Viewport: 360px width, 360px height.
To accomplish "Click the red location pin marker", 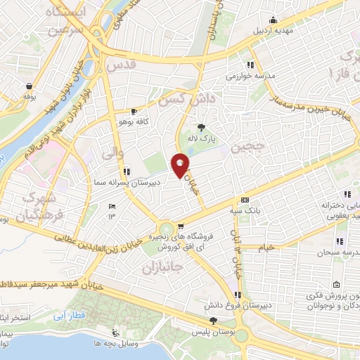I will coord(181,166).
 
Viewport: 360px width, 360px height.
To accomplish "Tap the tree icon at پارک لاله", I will coord(202,127).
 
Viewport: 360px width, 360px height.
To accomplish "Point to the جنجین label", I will coord(247,146).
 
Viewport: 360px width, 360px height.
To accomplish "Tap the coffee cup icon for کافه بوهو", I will coord(134,112).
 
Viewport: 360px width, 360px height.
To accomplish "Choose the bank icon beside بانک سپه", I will coord(244,200).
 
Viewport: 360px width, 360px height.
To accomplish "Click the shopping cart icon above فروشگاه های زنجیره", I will coord(181,226).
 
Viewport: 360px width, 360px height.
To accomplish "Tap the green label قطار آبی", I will coord(72,307).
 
